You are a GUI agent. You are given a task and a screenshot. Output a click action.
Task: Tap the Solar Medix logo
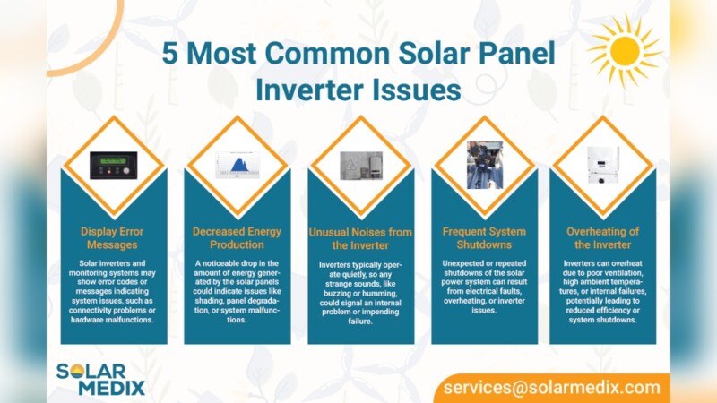tap(99, 378)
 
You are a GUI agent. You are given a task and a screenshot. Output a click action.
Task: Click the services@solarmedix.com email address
tap(550, 388)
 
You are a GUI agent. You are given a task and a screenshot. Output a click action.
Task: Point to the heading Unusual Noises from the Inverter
tap(359, 238)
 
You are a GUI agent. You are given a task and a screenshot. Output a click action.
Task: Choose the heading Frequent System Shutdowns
tap(483, 237)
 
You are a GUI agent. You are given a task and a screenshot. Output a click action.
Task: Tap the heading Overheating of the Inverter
tap(602, 237)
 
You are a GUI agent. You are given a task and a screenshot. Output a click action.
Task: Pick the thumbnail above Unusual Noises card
tap(360, 166)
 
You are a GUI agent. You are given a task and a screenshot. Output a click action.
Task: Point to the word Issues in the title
tap(419, 90)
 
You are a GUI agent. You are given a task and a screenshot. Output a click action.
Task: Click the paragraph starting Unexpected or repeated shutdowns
tap(483, 285)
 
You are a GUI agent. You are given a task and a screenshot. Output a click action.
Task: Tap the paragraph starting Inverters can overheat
tap(602, 291)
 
